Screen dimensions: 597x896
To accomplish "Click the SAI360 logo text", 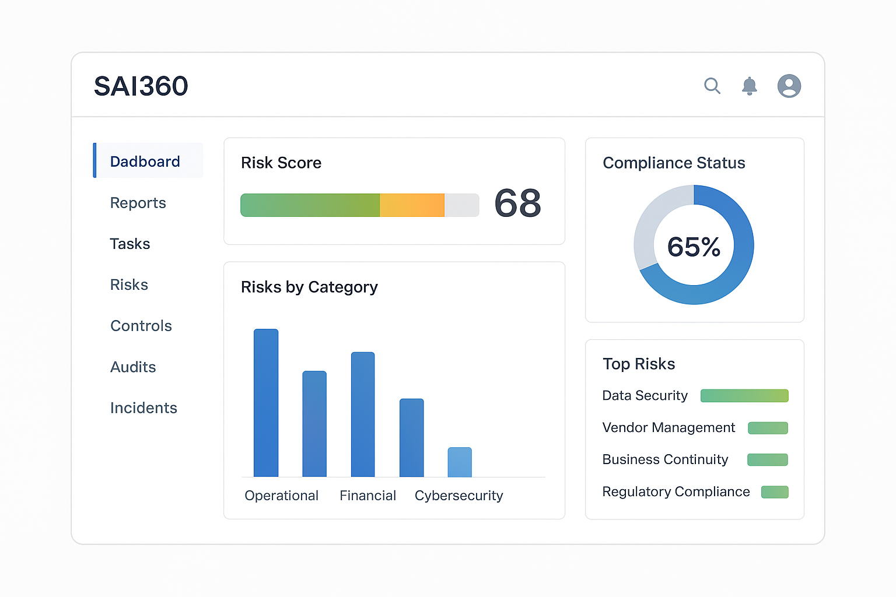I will click(141, 86).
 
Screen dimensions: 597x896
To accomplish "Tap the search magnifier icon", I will click(712, 86).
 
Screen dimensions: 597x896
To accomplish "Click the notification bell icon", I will click(749, 86).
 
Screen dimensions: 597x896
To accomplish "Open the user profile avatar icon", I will click(789, 86).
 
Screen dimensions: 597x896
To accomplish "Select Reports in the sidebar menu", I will click(138, 203).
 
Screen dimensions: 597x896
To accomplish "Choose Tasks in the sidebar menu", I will click(130, 244).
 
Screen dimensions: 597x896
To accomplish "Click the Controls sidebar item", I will click(141, 326).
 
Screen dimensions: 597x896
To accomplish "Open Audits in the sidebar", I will click(133, 367).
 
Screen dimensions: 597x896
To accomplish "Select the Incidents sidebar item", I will click(143, 408).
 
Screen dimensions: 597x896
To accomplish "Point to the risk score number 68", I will click(517, 203).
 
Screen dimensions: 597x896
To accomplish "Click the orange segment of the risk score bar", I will click(412, 205).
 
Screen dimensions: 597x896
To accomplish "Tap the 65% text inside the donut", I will click(694, 247).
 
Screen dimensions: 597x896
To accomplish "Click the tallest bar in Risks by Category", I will click(266, 402).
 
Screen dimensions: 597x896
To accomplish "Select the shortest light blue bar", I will click(460, 462).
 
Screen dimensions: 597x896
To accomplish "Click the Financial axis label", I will click(367, 496).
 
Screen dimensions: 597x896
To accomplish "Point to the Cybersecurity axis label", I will click(459, 496).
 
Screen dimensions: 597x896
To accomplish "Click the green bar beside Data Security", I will click(744, 396).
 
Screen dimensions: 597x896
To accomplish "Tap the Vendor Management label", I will click(668, 428).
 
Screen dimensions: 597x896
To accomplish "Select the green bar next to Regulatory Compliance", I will click(775, 492).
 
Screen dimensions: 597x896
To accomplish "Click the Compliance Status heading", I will click(674, 163).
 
